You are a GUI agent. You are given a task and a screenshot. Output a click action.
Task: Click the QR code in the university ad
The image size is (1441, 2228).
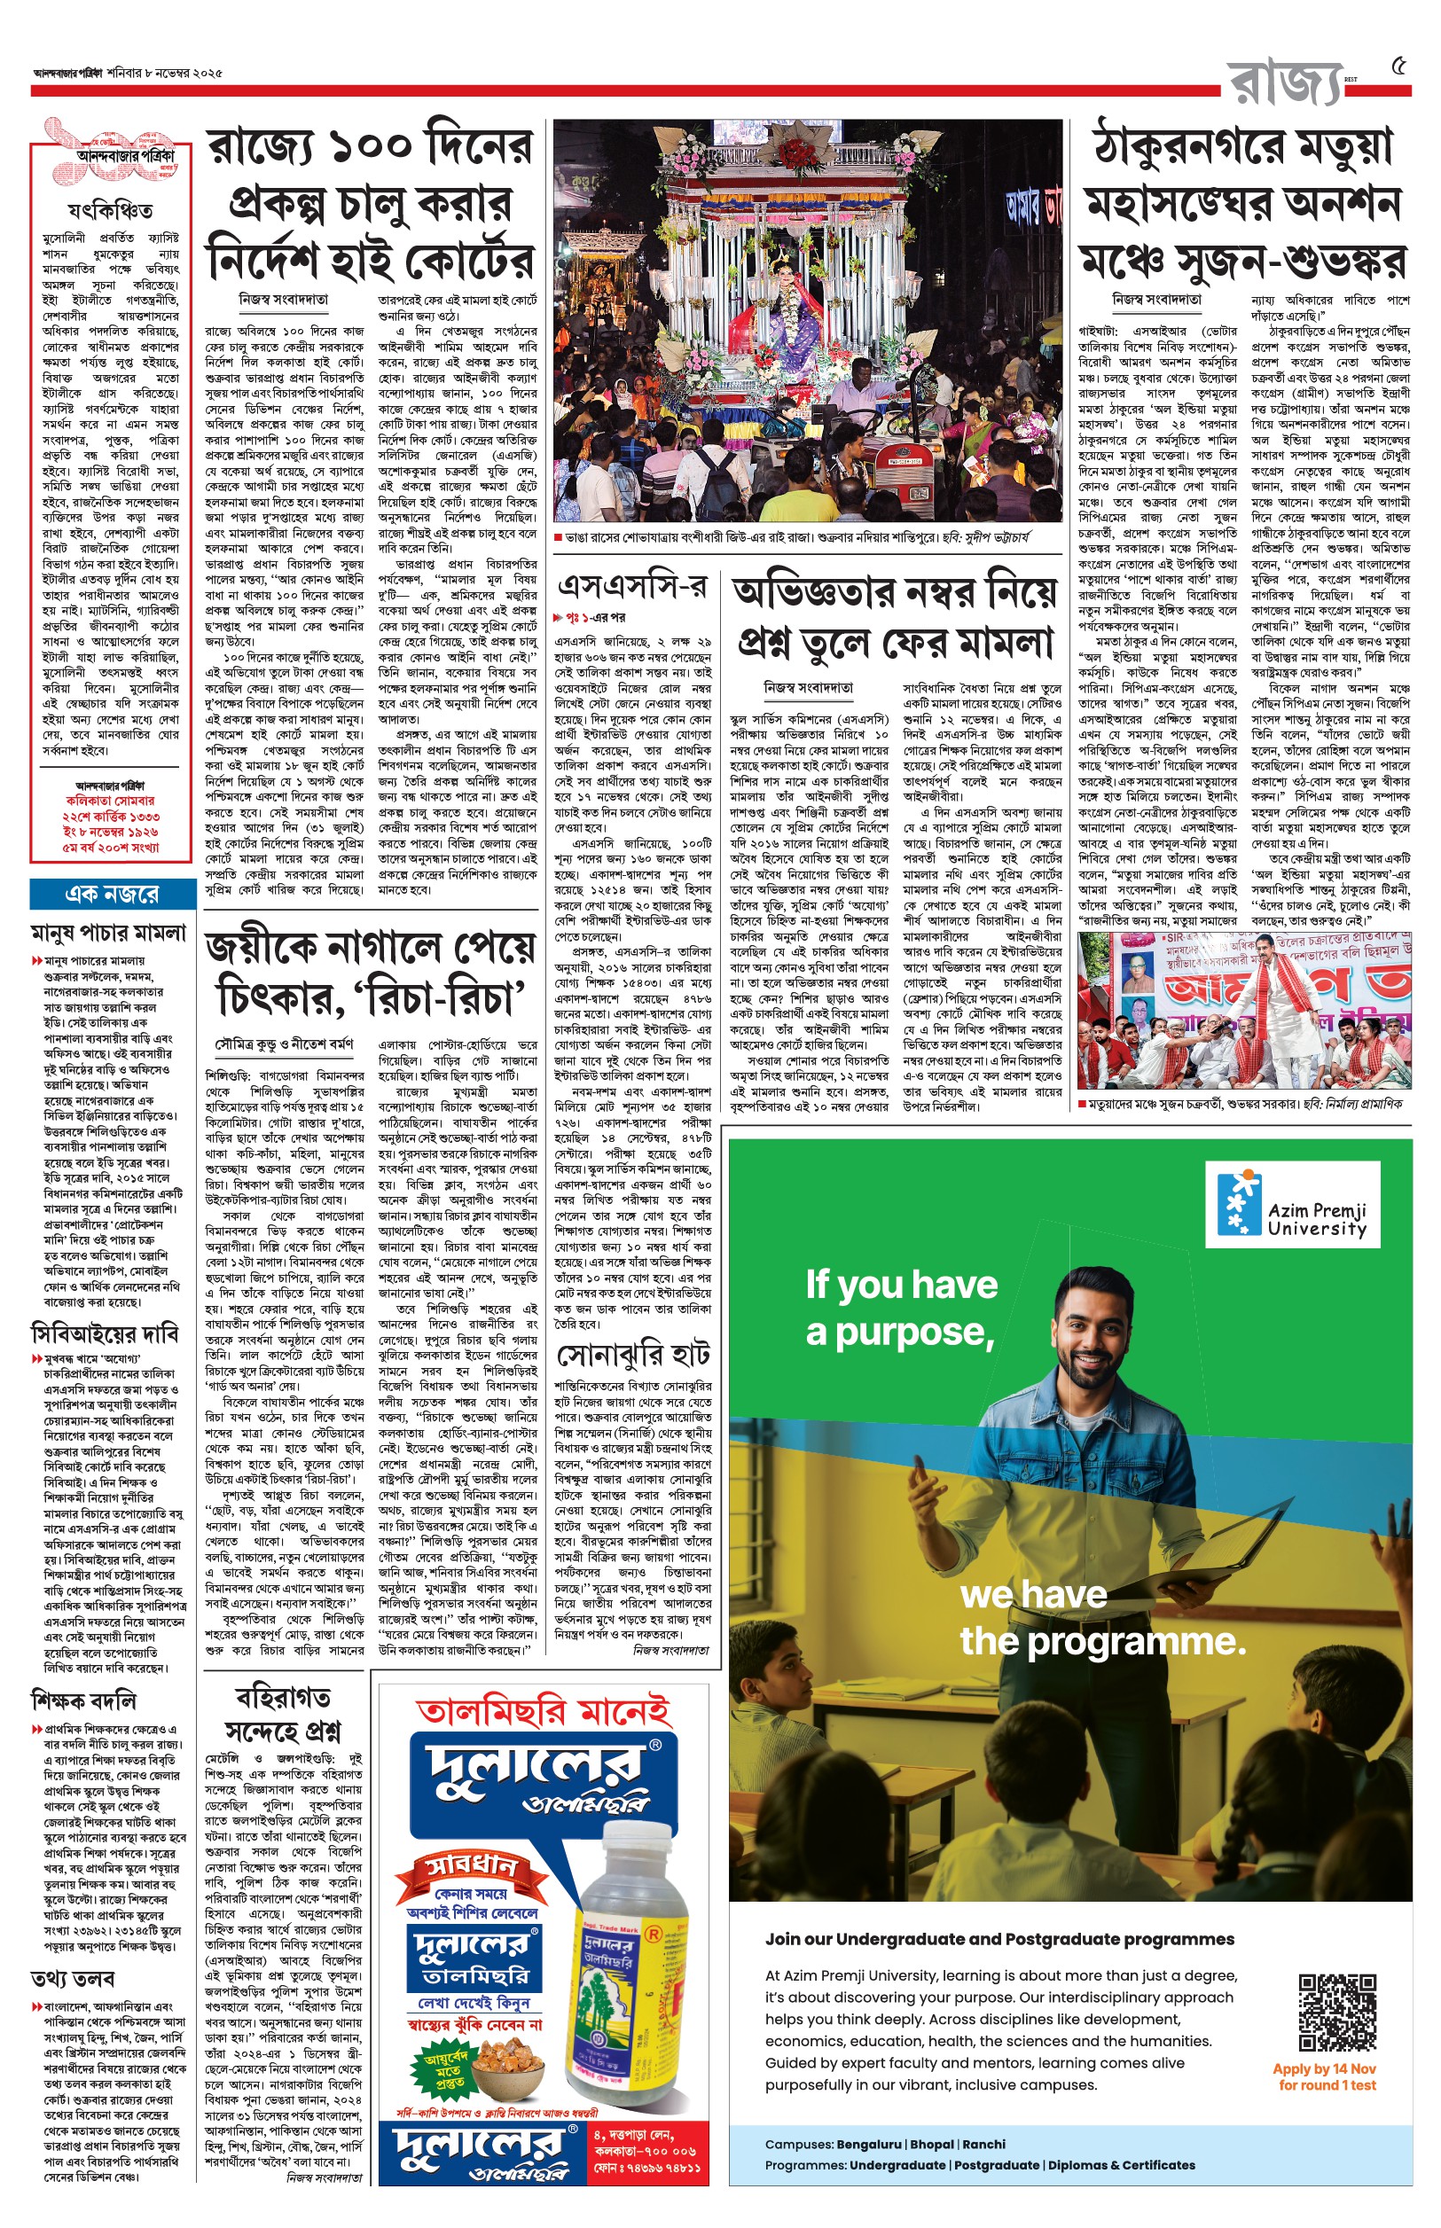(x=1337, y=2012)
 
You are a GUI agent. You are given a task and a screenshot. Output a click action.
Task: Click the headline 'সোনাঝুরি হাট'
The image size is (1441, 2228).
(x=633, y=1356)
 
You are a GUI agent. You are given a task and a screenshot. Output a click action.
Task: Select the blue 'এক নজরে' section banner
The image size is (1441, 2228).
(x=113, y=895)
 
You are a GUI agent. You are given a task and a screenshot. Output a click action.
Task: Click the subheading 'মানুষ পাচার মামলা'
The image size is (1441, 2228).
(x=108, y=933)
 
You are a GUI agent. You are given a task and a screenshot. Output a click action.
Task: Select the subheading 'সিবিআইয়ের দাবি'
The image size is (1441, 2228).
(x=104, y=1333)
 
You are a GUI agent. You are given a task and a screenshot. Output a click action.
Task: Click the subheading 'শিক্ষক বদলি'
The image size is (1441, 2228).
(x=83, y=1700)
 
